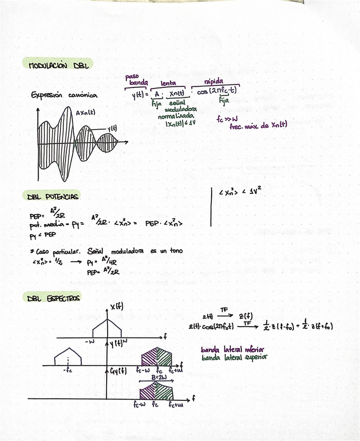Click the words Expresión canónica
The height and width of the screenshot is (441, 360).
[x=63, y=95]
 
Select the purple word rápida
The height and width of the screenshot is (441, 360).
[x=214, y=81]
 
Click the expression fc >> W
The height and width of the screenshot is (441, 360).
[x=227, y=119]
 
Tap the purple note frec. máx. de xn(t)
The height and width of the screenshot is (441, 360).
[x=258, y=125]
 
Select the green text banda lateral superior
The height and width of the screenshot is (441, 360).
[x=235, y=357]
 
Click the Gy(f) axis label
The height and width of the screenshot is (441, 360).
[x=118, y=371]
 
